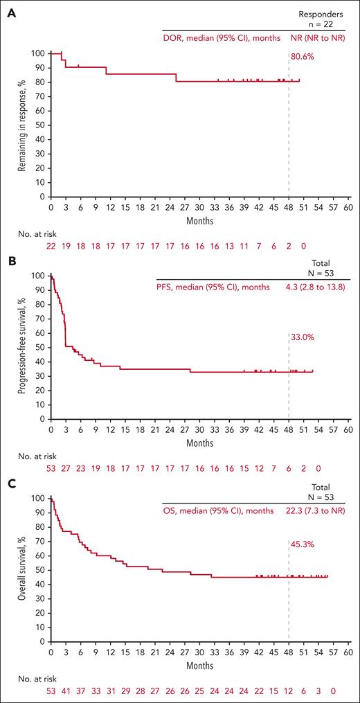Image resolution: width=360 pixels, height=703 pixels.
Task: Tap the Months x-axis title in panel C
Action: [199, 665]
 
